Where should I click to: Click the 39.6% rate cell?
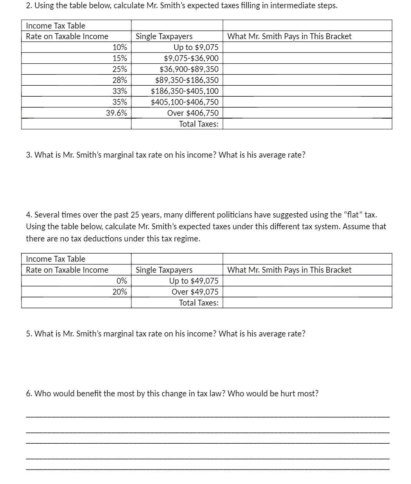coord(116,113)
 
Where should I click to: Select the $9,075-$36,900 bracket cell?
coord(191,58)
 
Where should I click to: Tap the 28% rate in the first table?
coord(119,80)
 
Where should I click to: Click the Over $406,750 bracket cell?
coord(193,113)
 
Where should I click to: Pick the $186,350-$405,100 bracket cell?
coord(185,91)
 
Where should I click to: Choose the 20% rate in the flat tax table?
coord(119,292)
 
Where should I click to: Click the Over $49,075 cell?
coord(195,292)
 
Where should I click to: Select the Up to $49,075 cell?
coord(194,281)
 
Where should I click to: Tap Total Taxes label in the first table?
coord(199,124)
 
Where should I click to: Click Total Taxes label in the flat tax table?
coord(199,303)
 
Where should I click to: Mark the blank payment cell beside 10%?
coord(307,47)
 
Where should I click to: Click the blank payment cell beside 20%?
coord(307,292)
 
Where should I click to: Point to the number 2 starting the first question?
coord(28,6)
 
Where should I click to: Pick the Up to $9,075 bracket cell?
coord(196,47)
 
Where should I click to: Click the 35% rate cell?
coord(119,102)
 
